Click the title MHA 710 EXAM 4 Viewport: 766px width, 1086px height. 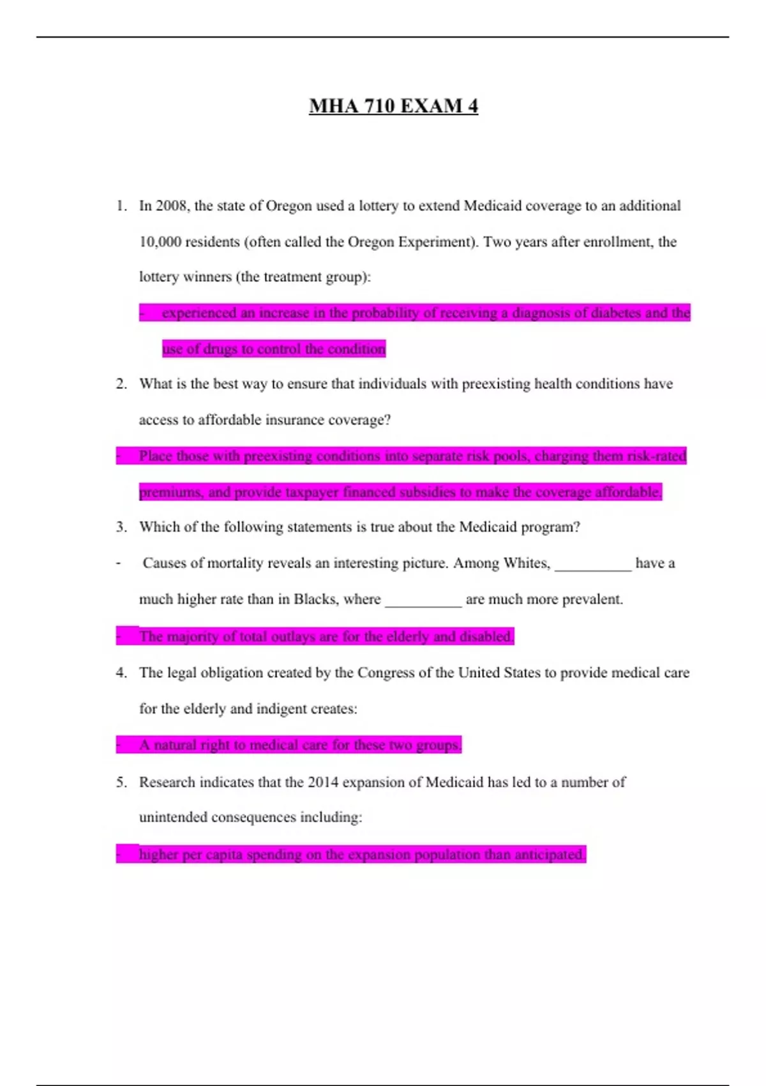[x=393, y=106]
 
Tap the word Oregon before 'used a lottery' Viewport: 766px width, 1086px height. [x=289, y=206]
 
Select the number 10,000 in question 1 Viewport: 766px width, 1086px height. [x=160, y=241]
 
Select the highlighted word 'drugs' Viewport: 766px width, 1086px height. [x=220, y=349]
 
